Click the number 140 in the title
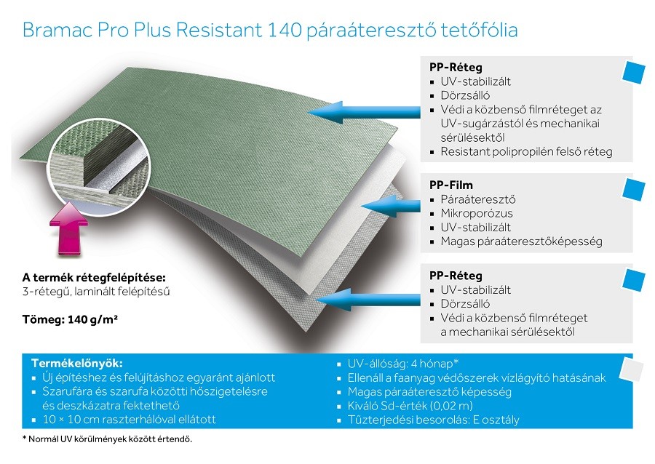284,30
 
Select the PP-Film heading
451,185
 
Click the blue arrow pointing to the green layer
364,112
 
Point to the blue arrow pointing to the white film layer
391,206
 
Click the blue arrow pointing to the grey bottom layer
368,300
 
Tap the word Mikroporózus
477,213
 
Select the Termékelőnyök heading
77,363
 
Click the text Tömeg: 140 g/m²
70,319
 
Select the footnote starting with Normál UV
108,439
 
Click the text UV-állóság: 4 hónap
403,364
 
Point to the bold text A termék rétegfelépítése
94,278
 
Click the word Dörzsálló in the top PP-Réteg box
465,95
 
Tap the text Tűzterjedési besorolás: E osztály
434,420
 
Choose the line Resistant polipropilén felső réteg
526,151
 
